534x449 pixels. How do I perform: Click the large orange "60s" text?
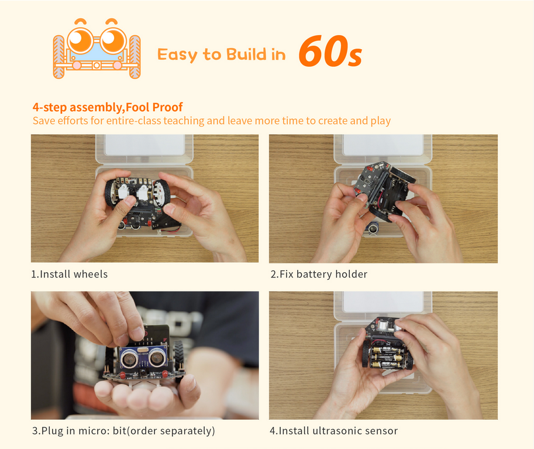click(x=330, y=51)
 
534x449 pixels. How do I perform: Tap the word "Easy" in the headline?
click(x=177, y=54)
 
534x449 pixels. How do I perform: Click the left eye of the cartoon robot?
click(x=80, y=40)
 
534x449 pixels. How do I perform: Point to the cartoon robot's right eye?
click(x=113, y=40)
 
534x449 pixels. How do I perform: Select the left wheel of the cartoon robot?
click(x=59, y=57)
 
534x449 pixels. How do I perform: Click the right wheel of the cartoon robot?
click(x=135, y=57)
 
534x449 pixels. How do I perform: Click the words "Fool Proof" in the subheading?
click(x=154, y=107)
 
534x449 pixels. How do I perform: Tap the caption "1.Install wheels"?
click(x=70, y=274)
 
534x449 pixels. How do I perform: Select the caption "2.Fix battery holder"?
click(x=319, y=274)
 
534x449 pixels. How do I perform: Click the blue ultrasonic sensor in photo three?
click(x=144, y=357)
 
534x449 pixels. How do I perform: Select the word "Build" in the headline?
click(x=246, y=54)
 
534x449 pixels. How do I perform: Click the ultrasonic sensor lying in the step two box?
click(x=374, y=227)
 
